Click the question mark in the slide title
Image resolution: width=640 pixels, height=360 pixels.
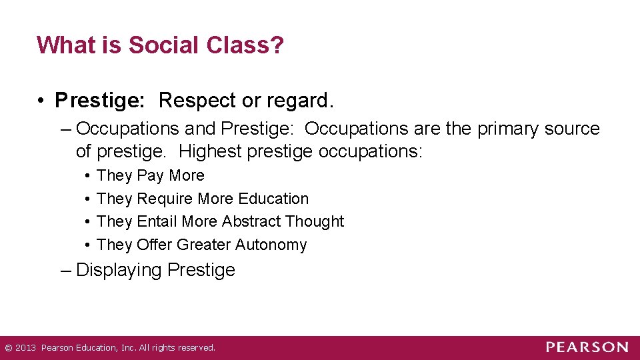coord(277,45)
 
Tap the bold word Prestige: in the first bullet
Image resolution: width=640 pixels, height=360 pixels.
coord(99,101)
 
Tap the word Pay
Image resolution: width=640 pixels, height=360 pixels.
coord(151,175)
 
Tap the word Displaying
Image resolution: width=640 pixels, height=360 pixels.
coord(119,270)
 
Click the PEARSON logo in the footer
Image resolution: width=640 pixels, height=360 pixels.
coord(587,347)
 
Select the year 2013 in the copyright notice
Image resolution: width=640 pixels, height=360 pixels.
coord(25,347)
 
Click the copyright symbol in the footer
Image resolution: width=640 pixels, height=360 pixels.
coord(7,347)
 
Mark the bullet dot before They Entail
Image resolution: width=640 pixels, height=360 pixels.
coord(88,222)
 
